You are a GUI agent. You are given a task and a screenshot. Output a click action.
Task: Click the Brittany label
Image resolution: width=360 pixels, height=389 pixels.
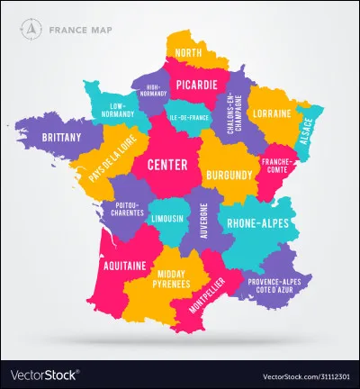pos(61,138)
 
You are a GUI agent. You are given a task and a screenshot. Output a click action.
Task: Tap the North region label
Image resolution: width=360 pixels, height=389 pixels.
pos(189,53)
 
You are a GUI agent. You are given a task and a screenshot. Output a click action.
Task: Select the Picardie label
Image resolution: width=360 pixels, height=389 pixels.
pos(196,85)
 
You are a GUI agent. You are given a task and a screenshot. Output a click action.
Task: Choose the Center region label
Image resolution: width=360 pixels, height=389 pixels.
pos(166,165)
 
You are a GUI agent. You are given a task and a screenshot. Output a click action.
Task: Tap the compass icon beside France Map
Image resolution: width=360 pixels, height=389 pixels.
pos(32,28)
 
